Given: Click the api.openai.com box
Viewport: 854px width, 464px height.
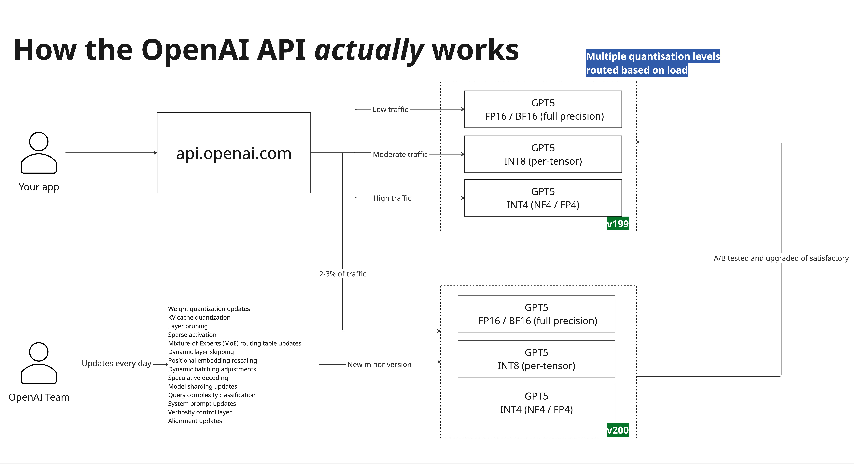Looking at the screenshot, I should click(234, 153).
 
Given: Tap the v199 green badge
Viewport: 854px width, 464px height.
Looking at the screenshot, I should click(617, 224).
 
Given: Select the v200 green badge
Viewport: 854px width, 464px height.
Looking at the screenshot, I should click(617, 430).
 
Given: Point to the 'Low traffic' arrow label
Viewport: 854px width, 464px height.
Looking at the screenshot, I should click(390, 109).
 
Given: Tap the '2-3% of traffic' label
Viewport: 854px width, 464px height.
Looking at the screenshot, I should click(342, 274).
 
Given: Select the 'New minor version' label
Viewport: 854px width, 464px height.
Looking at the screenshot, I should click(379, 365).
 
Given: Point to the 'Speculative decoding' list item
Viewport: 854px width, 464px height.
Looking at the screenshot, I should click(198, 378).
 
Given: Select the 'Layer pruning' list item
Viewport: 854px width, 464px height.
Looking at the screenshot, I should click(188, 326).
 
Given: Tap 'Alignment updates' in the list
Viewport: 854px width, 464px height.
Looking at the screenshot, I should click(195, 421).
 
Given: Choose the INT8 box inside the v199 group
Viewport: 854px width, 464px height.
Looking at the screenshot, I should click(543, 154).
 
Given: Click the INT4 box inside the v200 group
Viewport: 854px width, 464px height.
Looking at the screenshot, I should click(536, 403).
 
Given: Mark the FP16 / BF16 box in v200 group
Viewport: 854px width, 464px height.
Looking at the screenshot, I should click(536, 314).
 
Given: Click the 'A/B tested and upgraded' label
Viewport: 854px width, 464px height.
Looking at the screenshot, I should click(781, 258).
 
